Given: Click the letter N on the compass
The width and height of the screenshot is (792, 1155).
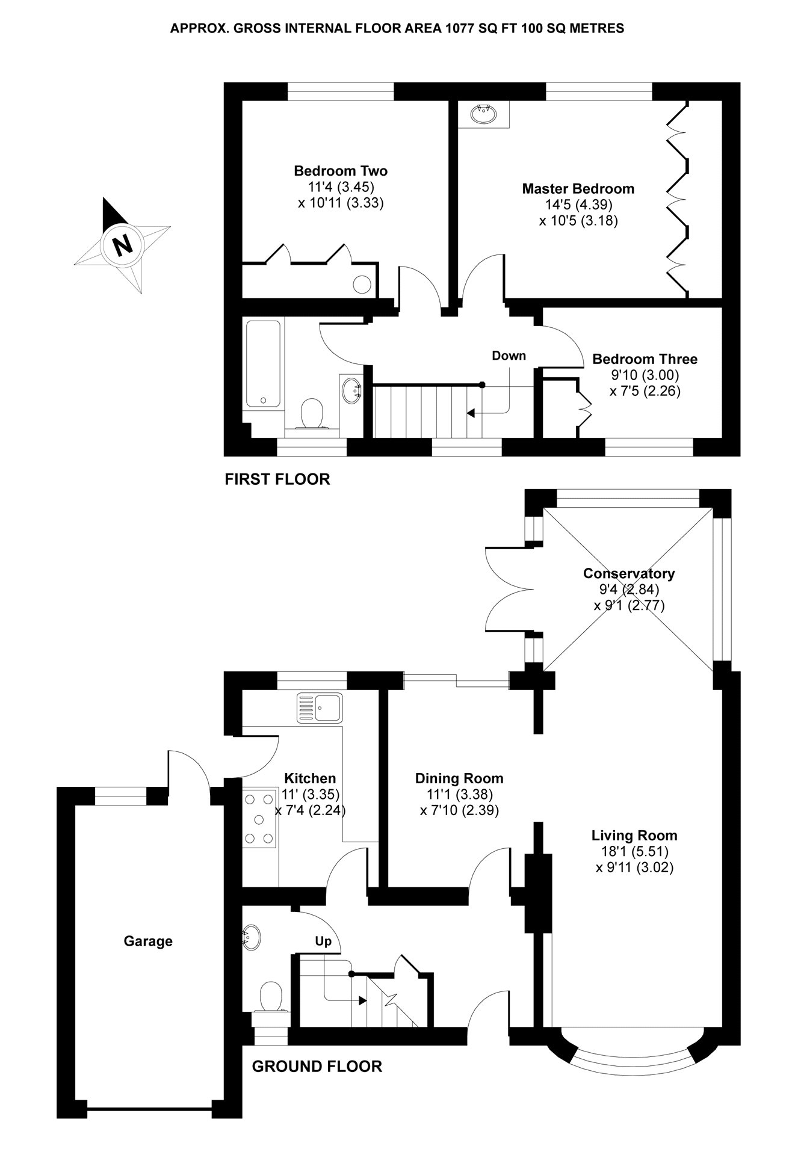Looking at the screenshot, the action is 123,245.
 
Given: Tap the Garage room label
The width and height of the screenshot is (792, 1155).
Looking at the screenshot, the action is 148,941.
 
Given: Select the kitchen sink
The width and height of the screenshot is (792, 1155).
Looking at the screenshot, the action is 319,707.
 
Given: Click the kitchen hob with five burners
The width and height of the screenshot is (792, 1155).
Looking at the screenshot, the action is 259,819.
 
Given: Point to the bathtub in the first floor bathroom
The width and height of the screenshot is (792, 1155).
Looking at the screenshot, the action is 263,363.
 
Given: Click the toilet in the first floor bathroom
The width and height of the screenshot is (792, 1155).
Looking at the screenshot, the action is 311,414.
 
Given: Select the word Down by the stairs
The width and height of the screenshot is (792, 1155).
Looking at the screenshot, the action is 509,356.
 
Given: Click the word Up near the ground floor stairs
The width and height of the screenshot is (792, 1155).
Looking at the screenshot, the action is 323,941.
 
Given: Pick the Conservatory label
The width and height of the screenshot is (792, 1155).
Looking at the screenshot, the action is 629,573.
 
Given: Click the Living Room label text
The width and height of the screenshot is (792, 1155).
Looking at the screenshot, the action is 634,836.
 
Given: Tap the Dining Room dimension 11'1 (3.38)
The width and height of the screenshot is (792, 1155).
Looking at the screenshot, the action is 459,795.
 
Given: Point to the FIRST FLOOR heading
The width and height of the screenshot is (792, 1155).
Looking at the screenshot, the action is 277,479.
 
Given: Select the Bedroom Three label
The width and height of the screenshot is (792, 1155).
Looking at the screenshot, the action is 645,359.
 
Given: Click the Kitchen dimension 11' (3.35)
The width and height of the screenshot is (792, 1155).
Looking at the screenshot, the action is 311,795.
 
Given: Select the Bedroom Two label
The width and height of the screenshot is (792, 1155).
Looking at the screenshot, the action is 341,171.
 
